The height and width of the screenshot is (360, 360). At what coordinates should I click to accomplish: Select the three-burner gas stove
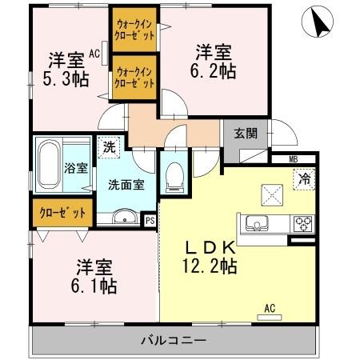pyautogui.click(x=302, y=222)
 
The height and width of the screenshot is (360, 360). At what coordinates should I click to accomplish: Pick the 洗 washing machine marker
pyautogui.click(x=106, y=148)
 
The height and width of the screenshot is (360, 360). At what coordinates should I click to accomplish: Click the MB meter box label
pyautogui.click(x=293, y=160)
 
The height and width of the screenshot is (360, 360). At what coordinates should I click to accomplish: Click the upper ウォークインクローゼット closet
pyautogui.click(x=134, y=32)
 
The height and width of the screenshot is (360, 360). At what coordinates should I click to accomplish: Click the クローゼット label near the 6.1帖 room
pyautogui.click(x=62, y=214)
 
